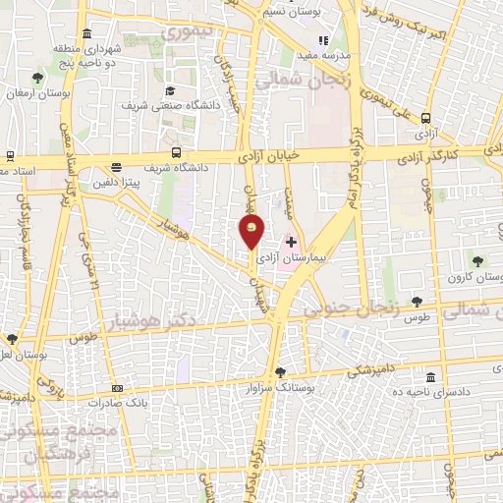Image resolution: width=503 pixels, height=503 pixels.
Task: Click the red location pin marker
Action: point(251,231)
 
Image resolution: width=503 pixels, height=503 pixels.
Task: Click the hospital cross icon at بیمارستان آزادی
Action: point(291,242)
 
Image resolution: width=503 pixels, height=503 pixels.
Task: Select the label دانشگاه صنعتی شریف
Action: point(161,103)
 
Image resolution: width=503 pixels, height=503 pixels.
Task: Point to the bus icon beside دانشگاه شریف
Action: point(177,152)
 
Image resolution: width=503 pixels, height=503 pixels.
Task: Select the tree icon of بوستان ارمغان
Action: point(37,77)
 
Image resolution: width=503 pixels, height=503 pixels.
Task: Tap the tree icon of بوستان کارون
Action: point(477,261)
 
